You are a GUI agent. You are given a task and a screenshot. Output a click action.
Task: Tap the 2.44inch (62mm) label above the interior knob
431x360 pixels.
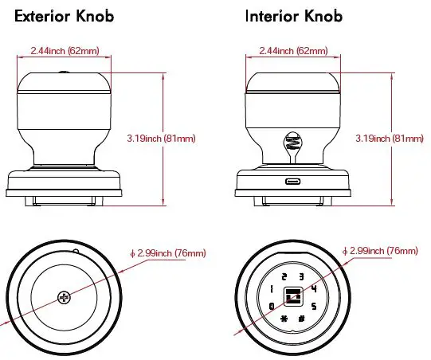(x=292, y=51)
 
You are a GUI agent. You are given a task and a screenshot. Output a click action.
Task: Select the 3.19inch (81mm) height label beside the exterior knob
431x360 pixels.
(x=161, y=139)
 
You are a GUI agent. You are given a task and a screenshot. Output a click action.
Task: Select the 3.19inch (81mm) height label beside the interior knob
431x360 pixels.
(x=390, y=139)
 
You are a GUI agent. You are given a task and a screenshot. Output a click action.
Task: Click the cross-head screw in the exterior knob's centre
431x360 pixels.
(x=63, y=297)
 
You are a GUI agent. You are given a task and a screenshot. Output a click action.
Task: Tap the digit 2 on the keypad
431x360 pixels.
(x=284, y=276)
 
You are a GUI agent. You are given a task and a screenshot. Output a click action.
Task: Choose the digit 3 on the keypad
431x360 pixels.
(x=301, y=276)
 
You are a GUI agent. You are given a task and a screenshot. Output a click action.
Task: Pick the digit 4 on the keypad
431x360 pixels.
(x=314, y=288)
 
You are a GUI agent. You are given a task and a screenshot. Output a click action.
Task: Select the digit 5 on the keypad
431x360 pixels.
(x=314, y=306)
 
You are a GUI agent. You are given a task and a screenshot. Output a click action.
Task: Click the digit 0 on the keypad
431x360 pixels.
(x=272, y=306)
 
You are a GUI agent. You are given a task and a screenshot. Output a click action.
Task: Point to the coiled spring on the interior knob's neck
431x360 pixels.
(x=292, y=144)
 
